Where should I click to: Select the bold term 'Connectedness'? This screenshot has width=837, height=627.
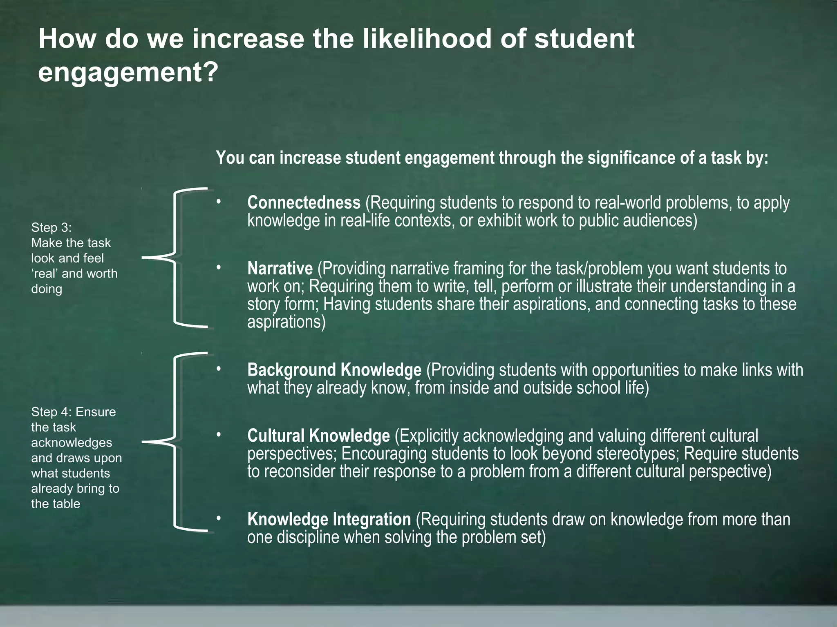pyautogui.click(x=304, y=202)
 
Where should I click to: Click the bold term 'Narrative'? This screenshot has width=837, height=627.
pyautogui.click(x=280, y=269)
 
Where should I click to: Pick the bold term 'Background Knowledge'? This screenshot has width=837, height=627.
pyautogui.click(x=334, y=370)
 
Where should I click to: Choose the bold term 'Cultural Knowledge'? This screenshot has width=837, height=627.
pyautogui.click(x=318, y=436)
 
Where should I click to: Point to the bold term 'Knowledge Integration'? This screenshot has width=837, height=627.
pyautogui.click(x=329, y=519)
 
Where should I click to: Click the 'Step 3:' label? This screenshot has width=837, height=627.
pyautogui.click(x=51, y=227)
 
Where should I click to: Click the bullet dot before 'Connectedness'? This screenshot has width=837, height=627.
pyautogui.click(x=219, y=201)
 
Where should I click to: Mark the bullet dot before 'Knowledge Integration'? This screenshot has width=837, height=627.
pyautogui.click(x=219, y=518)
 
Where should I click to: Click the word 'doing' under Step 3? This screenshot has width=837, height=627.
pyautogui.click(x=47, y=289)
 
